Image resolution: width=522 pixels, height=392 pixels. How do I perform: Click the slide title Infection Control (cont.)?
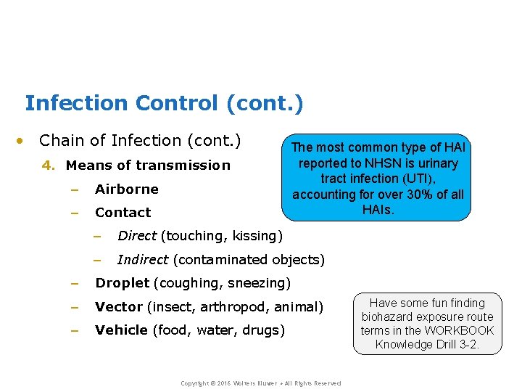pos(164,104)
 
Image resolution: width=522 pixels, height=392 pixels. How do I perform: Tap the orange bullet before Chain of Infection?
pos(24,141)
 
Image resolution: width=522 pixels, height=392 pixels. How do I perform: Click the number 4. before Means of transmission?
pos(49,166)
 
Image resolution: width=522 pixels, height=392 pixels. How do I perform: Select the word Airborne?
pos(127,189)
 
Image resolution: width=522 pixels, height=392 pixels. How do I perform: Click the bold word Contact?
pos(123,213)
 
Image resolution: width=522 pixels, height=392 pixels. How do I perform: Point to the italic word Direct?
pos(136,236)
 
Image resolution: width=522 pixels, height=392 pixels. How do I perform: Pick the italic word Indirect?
pos(143,260)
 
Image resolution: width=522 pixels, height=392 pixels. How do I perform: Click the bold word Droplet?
pos(123,283)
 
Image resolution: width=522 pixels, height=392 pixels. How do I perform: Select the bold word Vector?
pos(119,307)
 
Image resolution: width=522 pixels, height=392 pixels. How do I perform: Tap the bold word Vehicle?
pos(122,330)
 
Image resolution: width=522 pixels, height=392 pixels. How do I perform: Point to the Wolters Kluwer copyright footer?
pos(260,383)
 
